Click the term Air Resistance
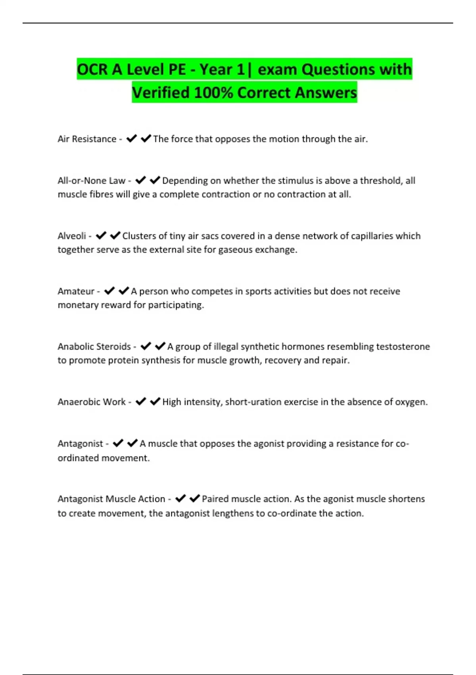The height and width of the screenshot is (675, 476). [87, 139]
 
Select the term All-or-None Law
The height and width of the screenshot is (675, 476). [91, 181]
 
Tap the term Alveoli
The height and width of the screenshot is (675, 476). [72, 236]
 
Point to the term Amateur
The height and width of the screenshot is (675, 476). [76, 291]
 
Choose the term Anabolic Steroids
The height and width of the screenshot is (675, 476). [94, 347]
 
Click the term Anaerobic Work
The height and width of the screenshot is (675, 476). [92, 402]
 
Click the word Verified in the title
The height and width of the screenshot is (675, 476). [161, 93]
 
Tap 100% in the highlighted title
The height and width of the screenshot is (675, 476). [213, 93]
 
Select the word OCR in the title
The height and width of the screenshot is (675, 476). [92, 69]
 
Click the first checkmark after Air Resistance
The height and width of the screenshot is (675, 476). [132, 139]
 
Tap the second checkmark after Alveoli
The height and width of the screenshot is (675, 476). [115, 235]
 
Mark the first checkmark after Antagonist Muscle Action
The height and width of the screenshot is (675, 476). [180, 498]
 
